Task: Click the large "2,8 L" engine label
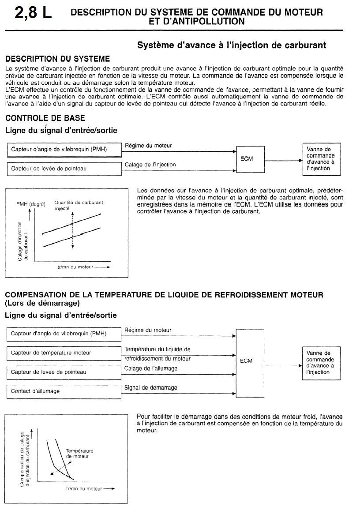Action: tap(33, 13)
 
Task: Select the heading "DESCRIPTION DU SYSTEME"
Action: tap(57, 59)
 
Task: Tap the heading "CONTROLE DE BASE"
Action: tap(45, 118)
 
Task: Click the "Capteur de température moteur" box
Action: tap(64, 353)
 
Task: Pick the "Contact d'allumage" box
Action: tap(64, 391)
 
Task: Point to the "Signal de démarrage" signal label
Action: tap(150, 387)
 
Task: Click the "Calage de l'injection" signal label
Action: tap(150, 165)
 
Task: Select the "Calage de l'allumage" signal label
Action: tap(151, 368)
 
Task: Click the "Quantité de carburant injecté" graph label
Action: tap(79, 205)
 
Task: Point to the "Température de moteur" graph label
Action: tap(79, 454)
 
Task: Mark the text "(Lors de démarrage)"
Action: tap(42, 304)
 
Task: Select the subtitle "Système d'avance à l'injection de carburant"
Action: tap(232, 45)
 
